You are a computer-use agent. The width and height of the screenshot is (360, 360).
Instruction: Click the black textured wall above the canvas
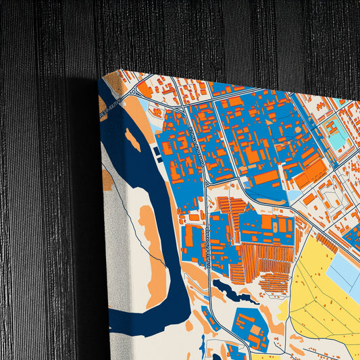(203, 34)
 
